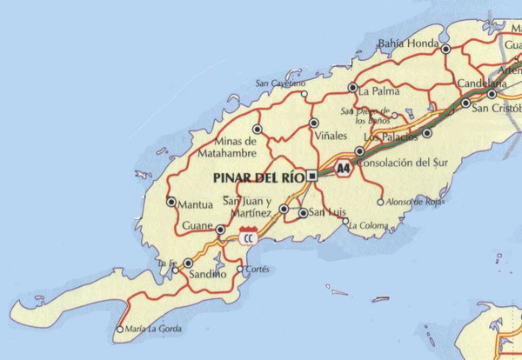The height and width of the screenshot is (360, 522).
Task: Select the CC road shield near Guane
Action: (249, 236)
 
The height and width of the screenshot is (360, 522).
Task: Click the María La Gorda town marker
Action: (120, 330)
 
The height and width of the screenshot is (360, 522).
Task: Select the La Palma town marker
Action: (352, 88)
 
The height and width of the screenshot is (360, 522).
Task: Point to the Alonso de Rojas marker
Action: (380, 203)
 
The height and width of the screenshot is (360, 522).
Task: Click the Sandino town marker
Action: (188, 263)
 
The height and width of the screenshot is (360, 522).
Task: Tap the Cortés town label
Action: (258, 270)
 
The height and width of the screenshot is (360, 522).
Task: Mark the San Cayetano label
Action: (280, 83)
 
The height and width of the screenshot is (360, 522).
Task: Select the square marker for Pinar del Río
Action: (312, 176)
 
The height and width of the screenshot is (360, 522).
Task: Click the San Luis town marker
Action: (302, 212)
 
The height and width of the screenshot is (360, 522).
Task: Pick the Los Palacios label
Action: (384, 137)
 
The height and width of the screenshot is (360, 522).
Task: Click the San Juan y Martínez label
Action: (248, 207)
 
